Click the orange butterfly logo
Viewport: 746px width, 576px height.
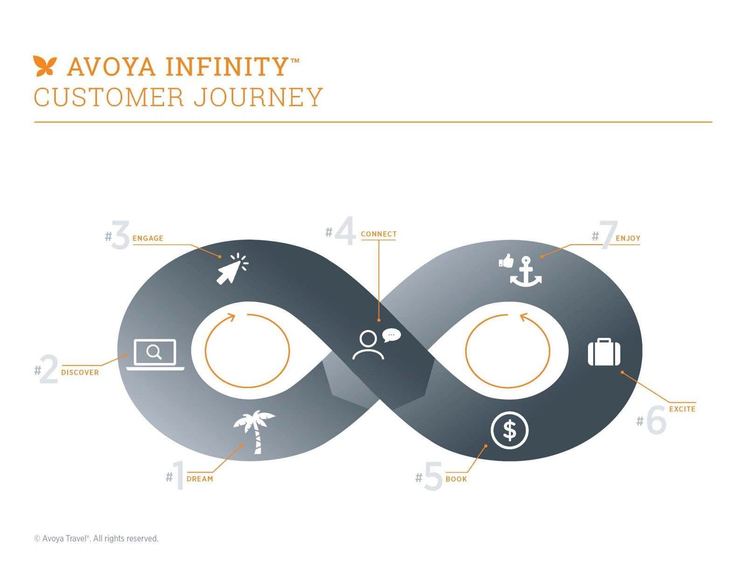(45, 66)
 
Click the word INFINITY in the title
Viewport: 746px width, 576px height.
(227, 66)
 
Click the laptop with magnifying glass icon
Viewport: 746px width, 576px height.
(155, 355)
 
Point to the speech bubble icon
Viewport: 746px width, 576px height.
(391, 335)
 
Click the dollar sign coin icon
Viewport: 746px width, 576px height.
(510, 430)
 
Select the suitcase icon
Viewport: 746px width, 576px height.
(604, 352)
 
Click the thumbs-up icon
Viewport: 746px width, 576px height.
(506, 261)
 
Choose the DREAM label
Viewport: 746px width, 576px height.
(200, 479)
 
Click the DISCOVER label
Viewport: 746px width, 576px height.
(80, 372)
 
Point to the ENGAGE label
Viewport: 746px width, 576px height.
(148, 238)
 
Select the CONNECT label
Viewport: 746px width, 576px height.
(379, 234)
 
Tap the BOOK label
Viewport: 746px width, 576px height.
(456, 479)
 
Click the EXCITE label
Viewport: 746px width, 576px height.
(682, 409)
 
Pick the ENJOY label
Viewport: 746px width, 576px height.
(628, 238)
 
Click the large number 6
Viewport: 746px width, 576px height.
(656, 420)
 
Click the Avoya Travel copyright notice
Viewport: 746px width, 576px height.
(96, 538)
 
